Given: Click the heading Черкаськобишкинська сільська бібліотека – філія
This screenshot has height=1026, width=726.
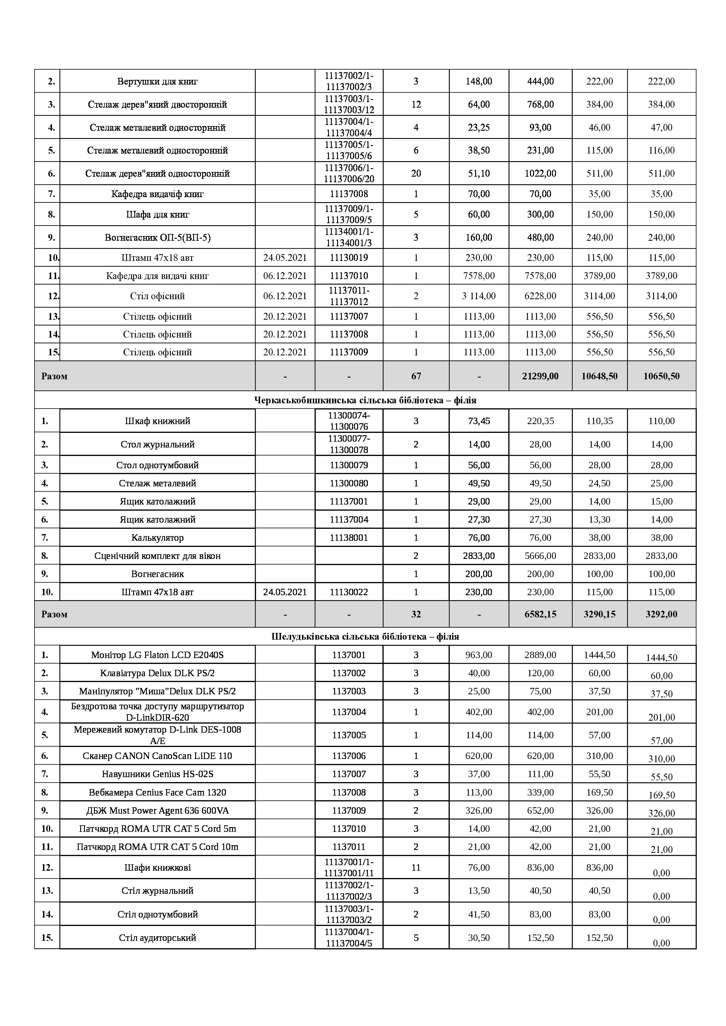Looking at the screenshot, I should (x=365, y=400).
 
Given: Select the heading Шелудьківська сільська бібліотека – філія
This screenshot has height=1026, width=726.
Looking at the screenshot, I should (x=365, y=636).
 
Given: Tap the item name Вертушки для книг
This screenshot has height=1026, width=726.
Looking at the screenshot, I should (x=157, y=81).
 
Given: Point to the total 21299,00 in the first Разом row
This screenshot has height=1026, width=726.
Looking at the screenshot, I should (x=540, y=376).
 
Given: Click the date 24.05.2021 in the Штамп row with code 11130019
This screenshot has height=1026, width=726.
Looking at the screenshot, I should (x=285, y=258).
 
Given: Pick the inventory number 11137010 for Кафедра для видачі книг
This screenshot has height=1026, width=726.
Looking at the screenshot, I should (x=349, y=276).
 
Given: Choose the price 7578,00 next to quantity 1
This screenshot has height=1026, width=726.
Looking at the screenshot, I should (x=479, y=276).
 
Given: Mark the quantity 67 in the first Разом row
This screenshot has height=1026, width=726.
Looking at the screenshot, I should (x=416, y=376).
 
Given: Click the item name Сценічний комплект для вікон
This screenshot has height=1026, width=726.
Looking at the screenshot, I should (x=157, y=556).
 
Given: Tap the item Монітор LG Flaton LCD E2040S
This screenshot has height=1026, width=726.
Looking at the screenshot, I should (x=157, y=655).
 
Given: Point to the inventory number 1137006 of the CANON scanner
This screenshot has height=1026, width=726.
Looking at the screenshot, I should (x=349, y=756).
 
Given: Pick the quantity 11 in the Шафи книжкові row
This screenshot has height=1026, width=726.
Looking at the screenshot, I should (x=416, y=867).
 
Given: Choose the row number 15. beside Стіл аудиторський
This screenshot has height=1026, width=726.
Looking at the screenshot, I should (x=47, y=937).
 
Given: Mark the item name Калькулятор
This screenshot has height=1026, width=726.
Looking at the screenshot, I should (x=157, y=538).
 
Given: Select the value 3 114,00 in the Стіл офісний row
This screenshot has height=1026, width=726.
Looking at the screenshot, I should (x=479, y=296).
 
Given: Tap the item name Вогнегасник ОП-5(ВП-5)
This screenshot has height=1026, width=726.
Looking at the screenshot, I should (x=157, y=237).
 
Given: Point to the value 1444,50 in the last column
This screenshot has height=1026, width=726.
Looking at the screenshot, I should (x=661, y=657).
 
